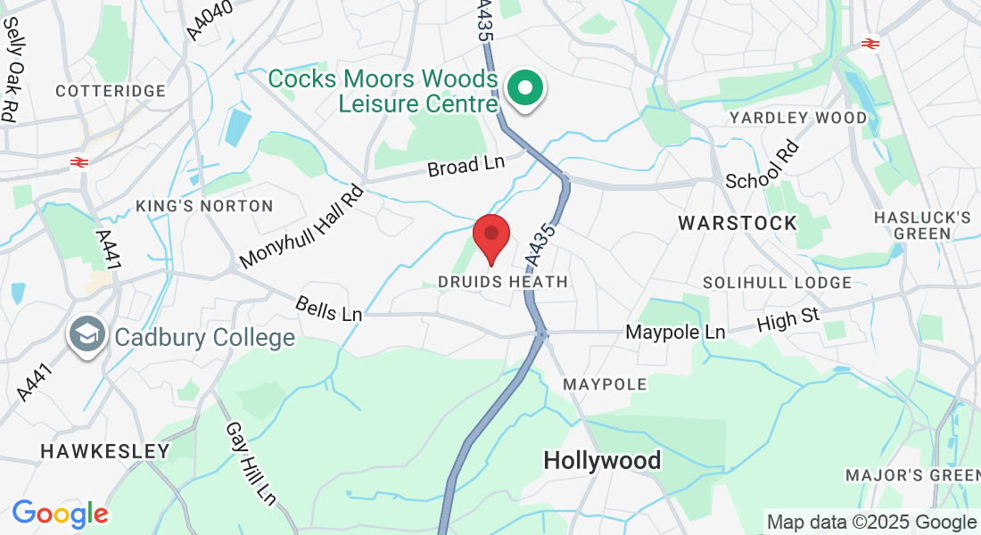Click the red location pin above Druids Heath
490,235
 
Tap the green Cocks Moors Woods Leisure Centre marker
525,89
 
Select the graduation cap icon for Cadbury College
87,335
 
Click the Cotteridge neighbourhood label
111,91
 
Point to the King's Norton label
204,206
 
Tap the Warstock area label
738,223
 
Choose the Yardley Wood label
797,118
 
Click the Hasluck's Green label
922,226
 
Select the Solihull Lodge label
777,283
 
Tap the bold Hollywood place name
603,460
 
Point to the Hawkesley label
104,451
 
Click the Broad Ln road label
466,165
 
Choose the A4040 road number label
210,20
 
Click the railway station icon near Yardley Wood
870,43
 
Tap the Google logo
60,514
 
